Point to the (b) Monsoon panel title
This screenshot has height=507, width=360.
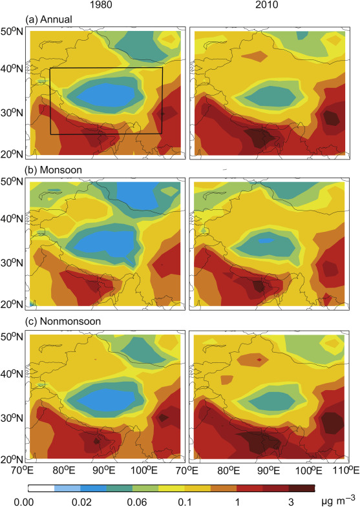pyautogui.click(x=50, y=171)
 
